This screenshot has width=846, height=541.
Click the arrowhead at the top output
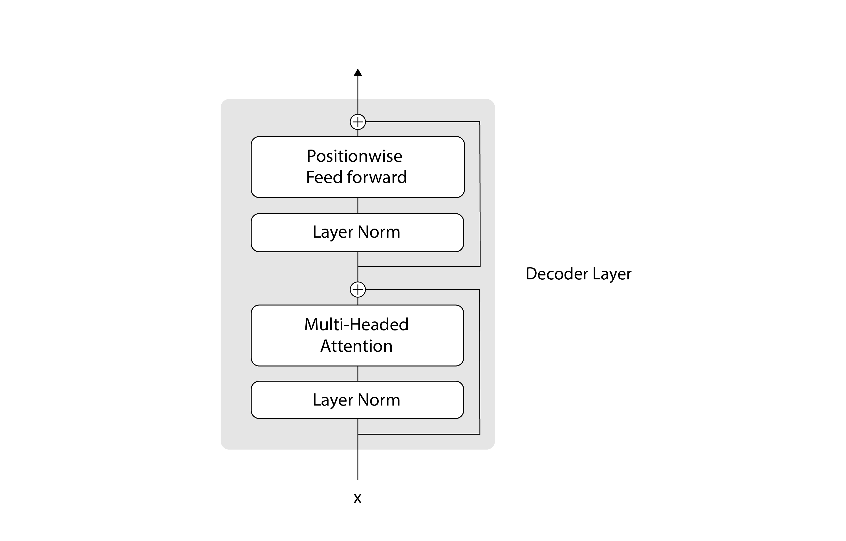tap(358, 73)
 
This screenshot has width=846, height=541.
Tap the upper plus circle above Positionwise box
tap(358, 122)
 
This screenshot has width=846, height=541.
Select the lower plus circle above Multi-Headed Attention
tap(358, 290)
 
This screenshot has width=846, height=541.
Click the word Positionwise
tap(354, 156)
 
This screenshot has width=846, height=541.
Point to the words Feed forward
tap(356, 177)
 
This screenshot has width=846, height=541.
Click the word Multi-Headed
tap(356, 324)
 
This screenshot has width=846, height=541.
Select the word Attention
tap(356, 346)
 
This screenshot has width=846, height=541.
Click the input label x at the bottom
tap(357, 498)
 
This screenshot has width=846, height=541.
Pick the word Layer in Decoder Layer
tap(612, 273)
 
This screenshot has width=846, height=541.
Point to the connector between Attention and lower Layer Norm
tap(358, 374)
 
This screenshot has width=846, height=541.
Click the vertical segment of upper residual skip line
tap(480, 193)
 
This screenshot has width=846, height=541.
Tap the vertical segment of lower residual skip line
tap(480, 362)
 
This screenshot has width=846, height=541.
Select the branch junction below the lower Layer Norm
tap(358, 434)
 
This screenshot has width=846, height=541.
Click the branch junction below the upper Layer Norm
tap(358, 266)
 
